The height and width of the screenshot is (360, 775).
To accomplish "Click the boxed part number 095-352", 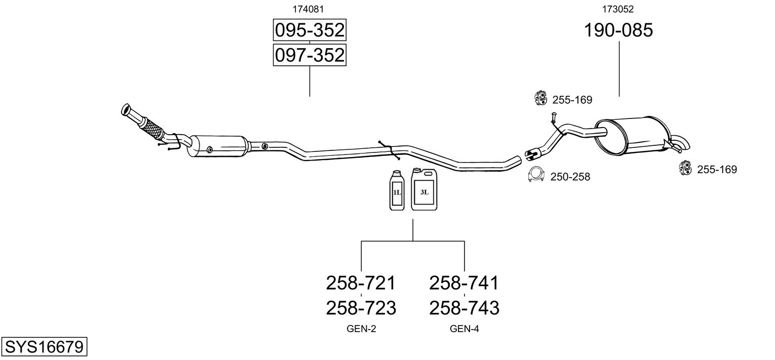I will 309,30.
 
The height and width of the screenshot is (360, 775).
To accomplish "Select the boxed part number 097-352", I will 309,55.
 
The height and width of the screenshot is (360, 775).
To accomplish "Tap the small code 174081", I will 308,9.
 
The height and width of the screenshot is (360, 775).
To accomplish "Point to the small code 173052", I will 618,9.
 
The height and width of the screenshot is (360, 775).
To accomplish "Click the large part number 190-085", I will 618,30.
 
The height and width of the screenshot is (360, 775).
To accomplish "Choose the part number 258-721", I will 360,283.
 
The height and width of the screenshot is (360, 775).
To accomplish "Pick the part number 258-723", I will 360,307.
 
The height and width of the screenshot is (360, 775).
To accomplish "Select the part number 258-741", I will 464,283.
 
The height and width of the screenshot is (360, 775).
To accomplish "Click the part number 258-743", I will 464,307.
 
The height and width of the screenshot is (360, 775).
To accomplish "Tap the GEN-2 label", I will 361,329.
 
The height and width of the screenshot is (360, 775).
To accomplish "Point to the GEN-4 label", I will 464,329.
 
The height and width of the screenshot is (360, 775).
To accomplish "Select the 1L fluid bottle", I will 397,191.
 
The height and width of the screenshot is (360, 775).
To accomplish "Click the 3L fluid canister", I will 424,190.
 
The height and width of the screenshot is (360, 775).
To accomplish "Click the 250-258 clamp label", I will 570,177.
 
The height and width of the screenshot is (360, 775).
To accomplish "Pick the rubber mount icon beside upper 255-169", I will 541,98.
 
